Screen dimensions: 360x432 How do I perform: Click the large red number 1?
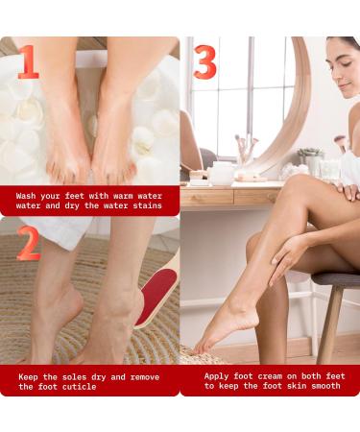pyautogui.click(x=28, y=61)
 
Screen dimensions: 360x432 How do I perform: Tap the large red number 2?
pyautogui.click(x=29, y=243)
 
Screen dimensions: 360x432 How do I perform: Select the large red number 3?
pyautogui.click(x=205, y=61)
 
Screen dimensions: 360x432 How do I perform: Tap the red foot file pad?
pyautogui.click(x=156, y=296)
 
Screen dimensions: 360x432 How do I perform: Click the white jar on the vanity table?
pyautogui.click(x=222, y=174)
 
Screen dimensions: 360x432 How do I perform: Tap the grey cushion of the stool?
pyautogui.click(x=336, y=279)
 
